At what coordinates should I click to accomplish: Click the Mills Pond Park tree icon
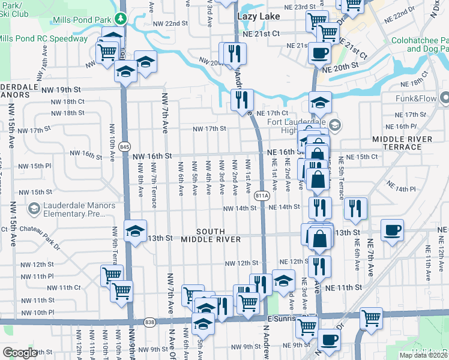click(x=121, y=18)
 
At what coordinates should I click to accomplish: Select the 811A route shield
click(x=261, y=196)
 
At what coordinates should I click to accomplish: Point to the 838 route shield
click(x=149, y=323)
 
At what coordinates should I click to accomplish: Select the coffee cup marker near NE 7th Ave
click(x=392, y=230)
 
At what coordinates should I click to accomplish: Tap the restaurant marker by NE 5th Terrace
click(x=356, y=208)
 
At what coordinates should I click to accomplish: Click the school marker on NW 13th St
click(x=135, y=230)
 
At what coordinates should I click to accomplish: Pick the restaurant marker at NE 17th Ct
click(x=242, y=100)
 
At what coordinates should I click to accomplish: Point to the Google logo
click(x=20, y=353)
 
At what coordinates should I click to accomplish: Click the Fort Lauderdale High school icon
click(x=335, y=126)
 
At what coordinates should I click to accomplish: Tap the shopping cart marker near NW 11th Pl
click(x=112, y=275)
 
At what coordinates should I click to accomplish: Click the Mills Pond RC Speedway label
click(x=43, y=38)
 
